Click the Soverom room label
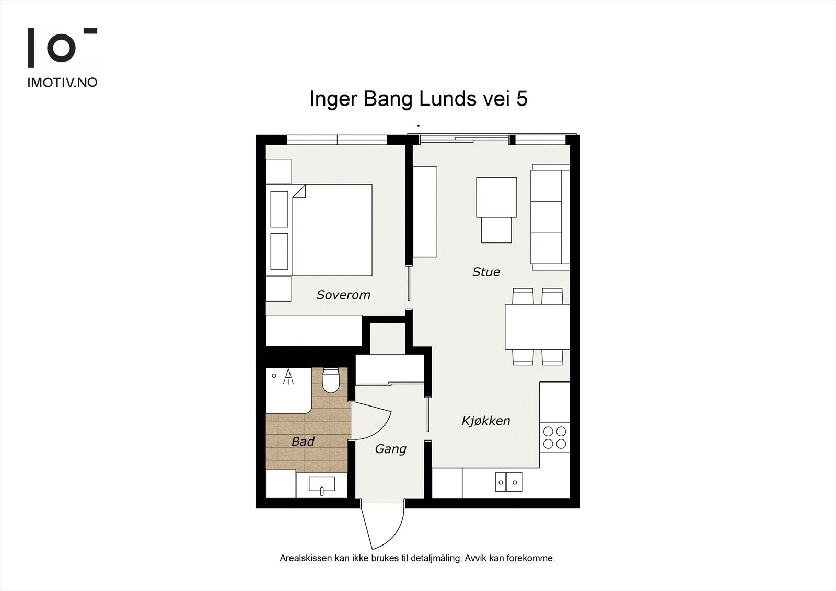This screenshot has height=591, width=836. (343, 295)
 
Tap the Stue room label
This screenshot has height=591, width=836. (486, 272)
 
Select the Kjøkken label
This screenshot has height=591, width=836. (485, 421)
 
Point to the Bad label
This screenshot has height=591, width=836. (303, 442)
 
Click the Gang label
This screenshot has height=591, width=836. (390, 449)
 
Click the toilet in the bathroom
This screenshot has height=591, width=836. (330, 380)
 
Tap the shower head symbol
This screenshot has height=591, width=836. (288, 376)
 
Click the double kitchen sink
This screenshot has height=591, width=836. (509, 482)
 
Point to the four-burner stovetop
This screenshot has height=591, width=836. (554, 437)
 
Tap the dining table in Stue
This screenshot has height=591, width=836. (538, 327)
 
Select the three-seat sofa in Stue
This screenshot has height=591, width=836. (550, 217)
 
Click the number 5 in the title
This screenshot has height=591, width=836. (522, 99)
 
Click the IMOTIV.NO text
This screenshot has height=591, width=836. (62, 83)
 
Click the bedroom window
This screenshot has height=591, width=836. (337, 140)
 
